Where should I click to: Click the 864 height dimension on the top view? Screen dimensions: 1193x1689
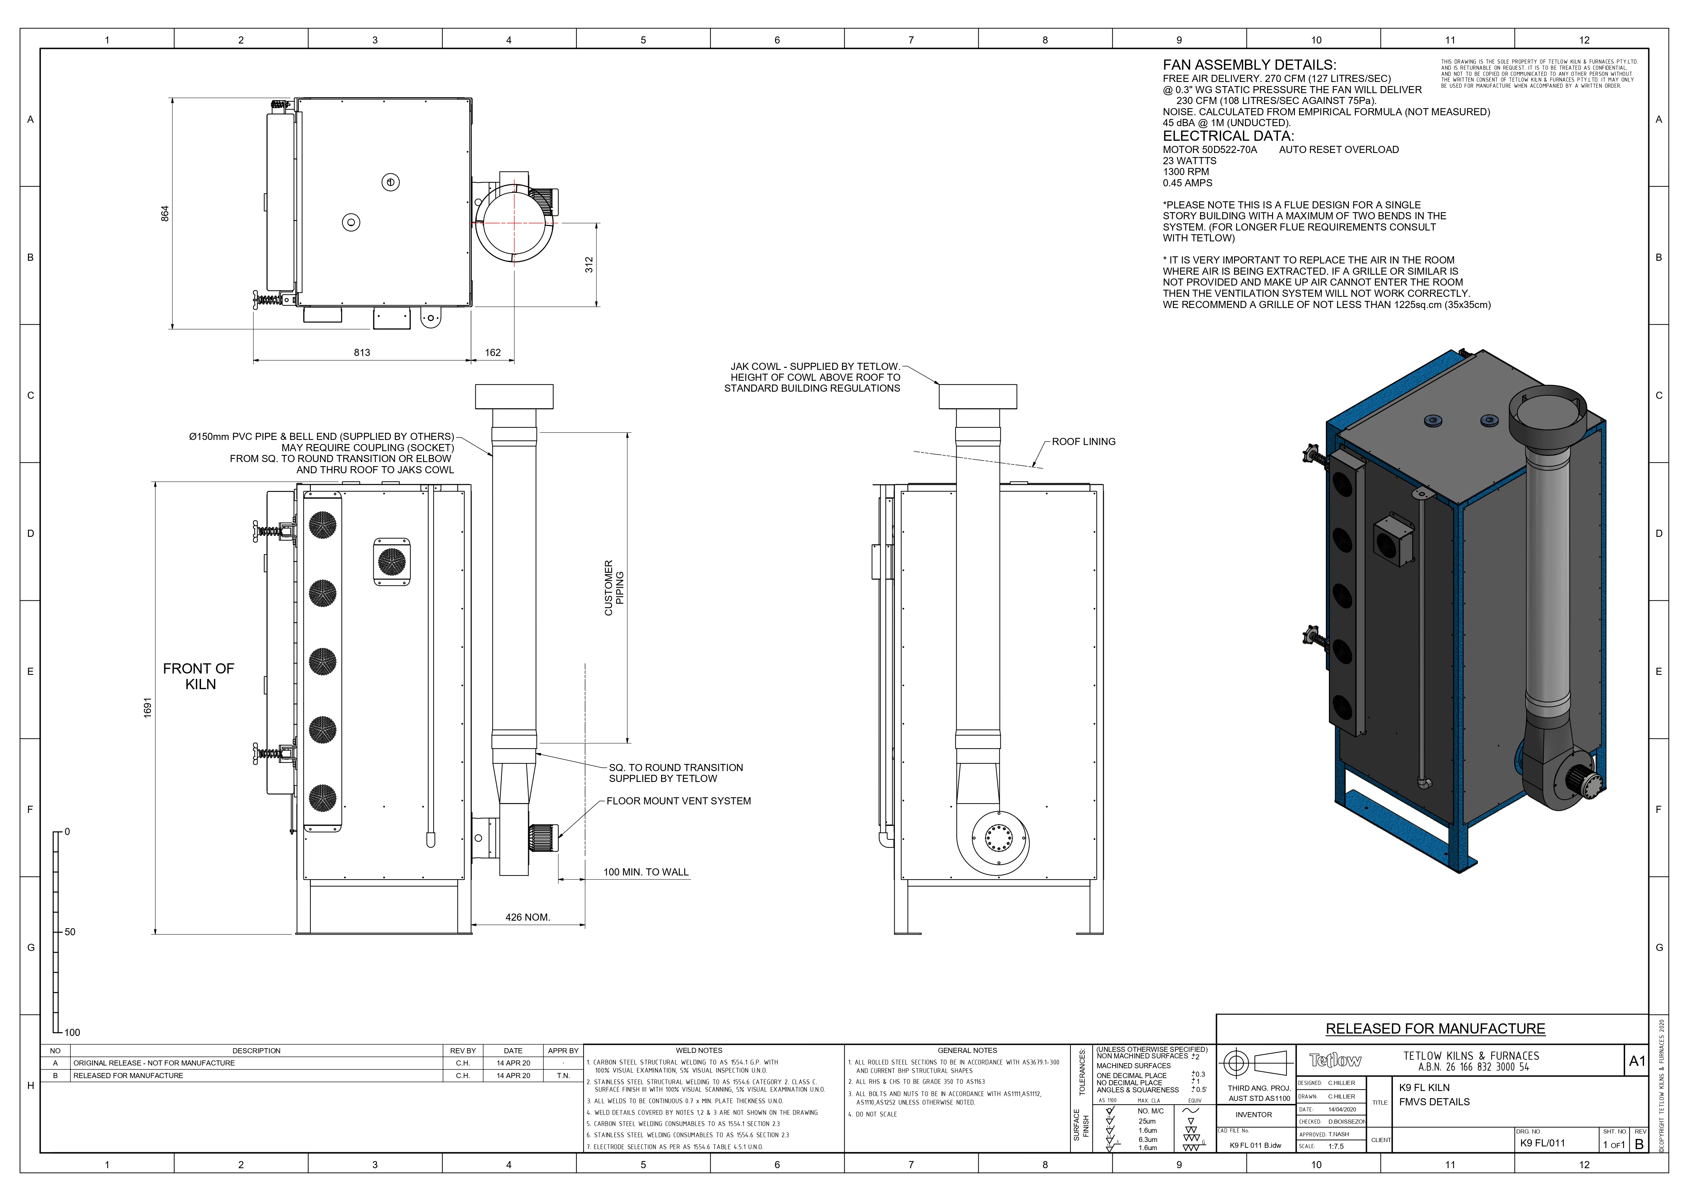(x=166, y=213)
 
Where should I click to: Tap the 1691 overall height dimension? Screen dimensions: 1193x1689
(x=147, y=708)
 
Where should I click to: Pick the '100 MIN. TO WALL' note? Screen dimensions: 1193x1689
(x=646, y=872)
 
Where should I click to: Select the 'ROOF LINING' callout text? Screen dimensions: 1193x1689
(x=1084, y=442)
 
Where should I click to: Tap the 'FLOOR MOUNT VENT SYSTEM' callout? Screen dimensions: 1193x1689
(x=678, y=801)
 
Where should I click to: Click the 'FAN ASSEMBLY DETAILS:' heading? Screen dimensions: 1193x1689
(x=1249, y=65)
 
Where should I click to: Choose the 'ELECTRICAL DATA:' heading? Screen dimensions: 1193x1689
(x=1228, y=136)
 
